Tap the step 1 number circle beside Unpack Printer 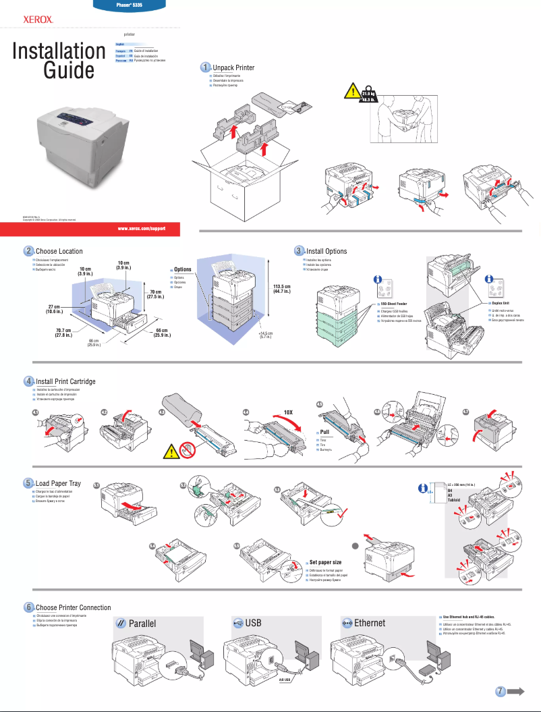click(x=206, y=67)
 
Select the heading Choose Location click(x=59, y=252)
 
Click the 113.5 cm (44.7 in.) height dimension click(x=282, y=289)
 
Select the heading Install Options click(x=326, y=252)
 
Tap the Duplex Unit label click(x=501, y=304)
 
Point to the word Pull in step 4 click(x=324, y=432)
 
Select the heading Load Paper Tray click(x=58, y=484)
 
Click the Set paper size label click(x=325, y=562)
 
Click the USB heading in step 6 click(x=253, y=623)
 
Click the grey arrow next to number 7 click(x=518, y=690)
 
